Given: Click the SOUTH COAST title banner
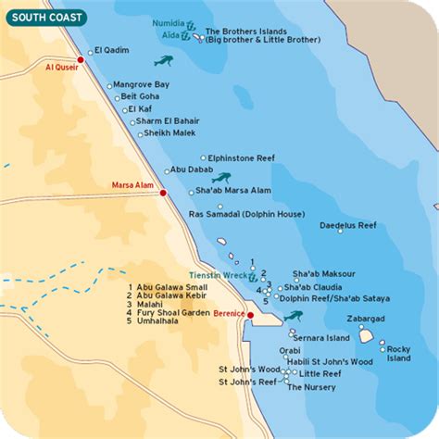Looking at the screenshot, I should [x=44, y=17].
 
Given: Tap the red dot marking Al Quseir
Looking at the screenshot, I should [x=82, y=59].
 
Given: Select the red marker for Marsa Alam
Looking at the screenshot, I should [x=163, y=193].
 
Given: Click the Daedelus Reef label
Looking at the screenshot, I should [x=347, y=225].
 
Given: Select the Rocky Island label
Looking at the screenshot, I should [x=398, y=353].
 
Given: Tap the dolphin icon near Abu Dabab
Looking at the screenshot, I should [x=220, y=177].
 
